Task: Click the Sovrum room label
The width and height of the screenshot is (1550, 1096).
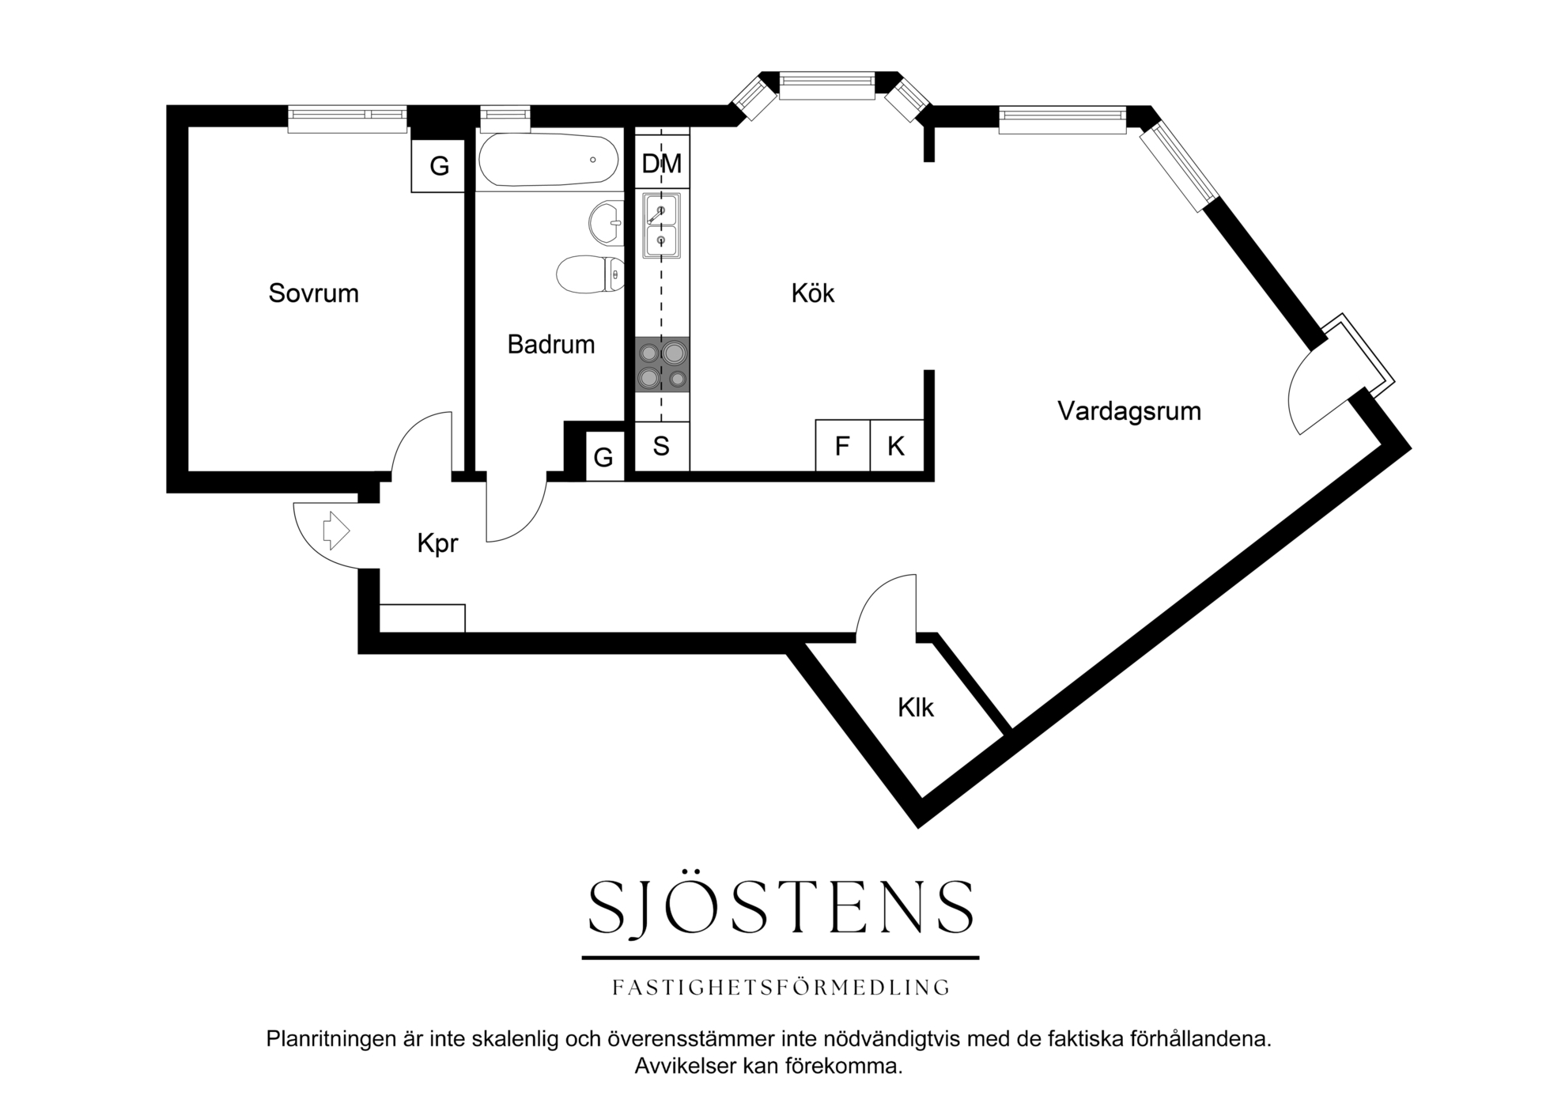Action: pos(313,293)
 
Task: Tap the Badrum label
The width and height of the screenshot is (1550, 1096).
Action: pos(551,345)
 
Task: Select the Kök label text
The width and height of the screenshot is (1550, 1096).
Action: pos(813,293)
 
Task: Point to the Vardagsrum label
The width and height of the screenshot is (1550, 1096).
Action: pos(1129,411)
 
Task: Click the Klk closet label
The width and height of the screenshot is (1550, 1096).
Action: pos(916,707)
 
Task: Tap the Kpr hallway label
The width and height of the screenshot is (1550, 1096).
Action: pos(437,544)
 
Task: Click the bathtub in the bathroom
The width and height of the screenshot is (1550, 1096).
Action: pos(548,161)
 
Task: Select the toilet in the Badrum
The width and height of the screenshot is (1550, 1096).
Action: pos(591,274)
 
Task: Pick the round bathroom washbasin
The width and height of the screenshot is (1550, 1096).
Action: pos(607,223)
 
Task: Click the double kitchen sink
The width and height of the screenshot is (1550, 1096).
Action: pos(661,225)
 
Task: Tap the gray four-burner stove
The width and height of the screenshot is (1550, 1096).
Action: pos(662,365)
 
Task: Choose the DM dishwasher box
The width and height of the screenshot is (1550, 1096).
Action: pos(662,164)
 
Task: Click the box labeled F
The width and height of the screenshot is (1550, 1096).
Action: pos(842,446)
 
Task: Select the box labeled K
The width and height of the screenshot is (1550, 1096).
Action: pos(896,446)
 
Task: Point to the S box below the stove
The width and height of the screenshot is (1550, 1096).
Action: pos(662,446)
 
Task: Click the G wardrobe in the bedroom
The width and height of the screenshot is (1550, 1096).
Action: pos(438,165)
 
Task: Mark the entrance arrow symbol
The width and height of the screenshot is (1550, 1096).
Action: pos(335,530)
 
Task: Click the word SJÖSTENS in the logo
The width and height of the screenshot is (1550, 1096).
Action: pos(781,906)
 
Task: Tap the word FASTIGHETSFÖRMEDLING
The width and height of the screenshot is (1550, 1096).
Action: pos(781,987)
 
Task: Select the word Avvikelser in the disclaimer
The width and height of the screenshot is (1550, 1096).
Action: pos(686,1066)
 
